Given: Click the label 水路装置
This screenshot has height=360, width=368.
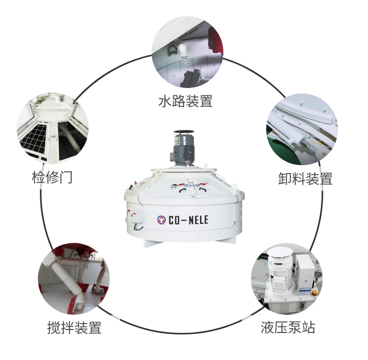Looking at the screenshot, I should click(185, 101).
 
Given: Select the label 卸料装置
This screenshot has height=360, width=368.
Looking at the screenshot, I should click(305, 179).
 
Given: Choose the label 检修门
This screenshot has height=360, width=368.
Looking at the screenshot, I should click(52, 177).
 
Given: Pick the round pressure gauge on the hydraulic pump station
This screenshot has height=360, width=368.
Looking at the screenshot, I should click(319, 274).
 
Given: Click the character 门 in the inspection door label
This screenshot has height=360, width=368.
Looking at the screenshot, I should click(65, 177).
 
